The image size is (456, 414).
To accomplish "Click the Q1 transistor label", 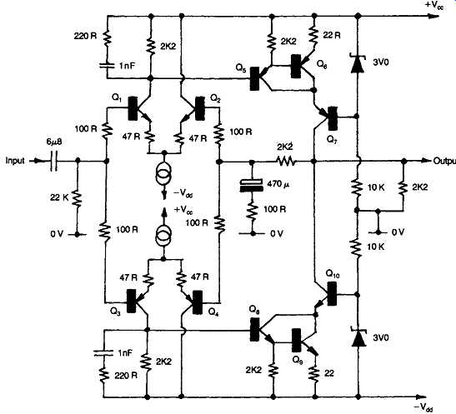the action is tap(117, 98).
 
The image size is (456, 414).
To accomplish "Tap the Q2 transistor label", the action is tap(215, 99).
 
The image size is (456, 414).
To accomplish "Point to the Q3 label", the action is tap(115, 312).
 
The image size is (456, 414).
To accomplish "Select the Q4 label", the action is tap(213, 312).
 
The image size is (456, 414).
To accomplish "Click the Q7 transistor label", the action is tap(333, 140).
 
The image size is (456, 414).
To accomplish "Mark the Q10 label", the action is tap(333, 274).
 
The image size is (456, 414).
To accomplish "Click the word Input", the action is tap(15, 161).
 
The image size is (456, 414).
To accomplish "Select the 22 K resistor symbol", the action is tap(78, 198).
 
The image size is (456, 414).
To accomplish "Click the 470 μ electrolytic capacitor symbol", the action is tap(252, 186).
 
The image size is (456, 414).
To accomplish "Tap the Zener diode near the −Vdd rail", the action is tap(358, 337).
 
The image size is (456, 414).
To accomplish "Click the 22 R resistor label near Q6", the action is tap(332, 35).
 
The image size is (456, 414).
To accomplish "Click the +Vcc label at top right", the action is tap(434, 6).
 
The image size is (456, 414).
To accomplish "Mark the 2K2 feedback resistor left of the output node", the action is tap(285, 161).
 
